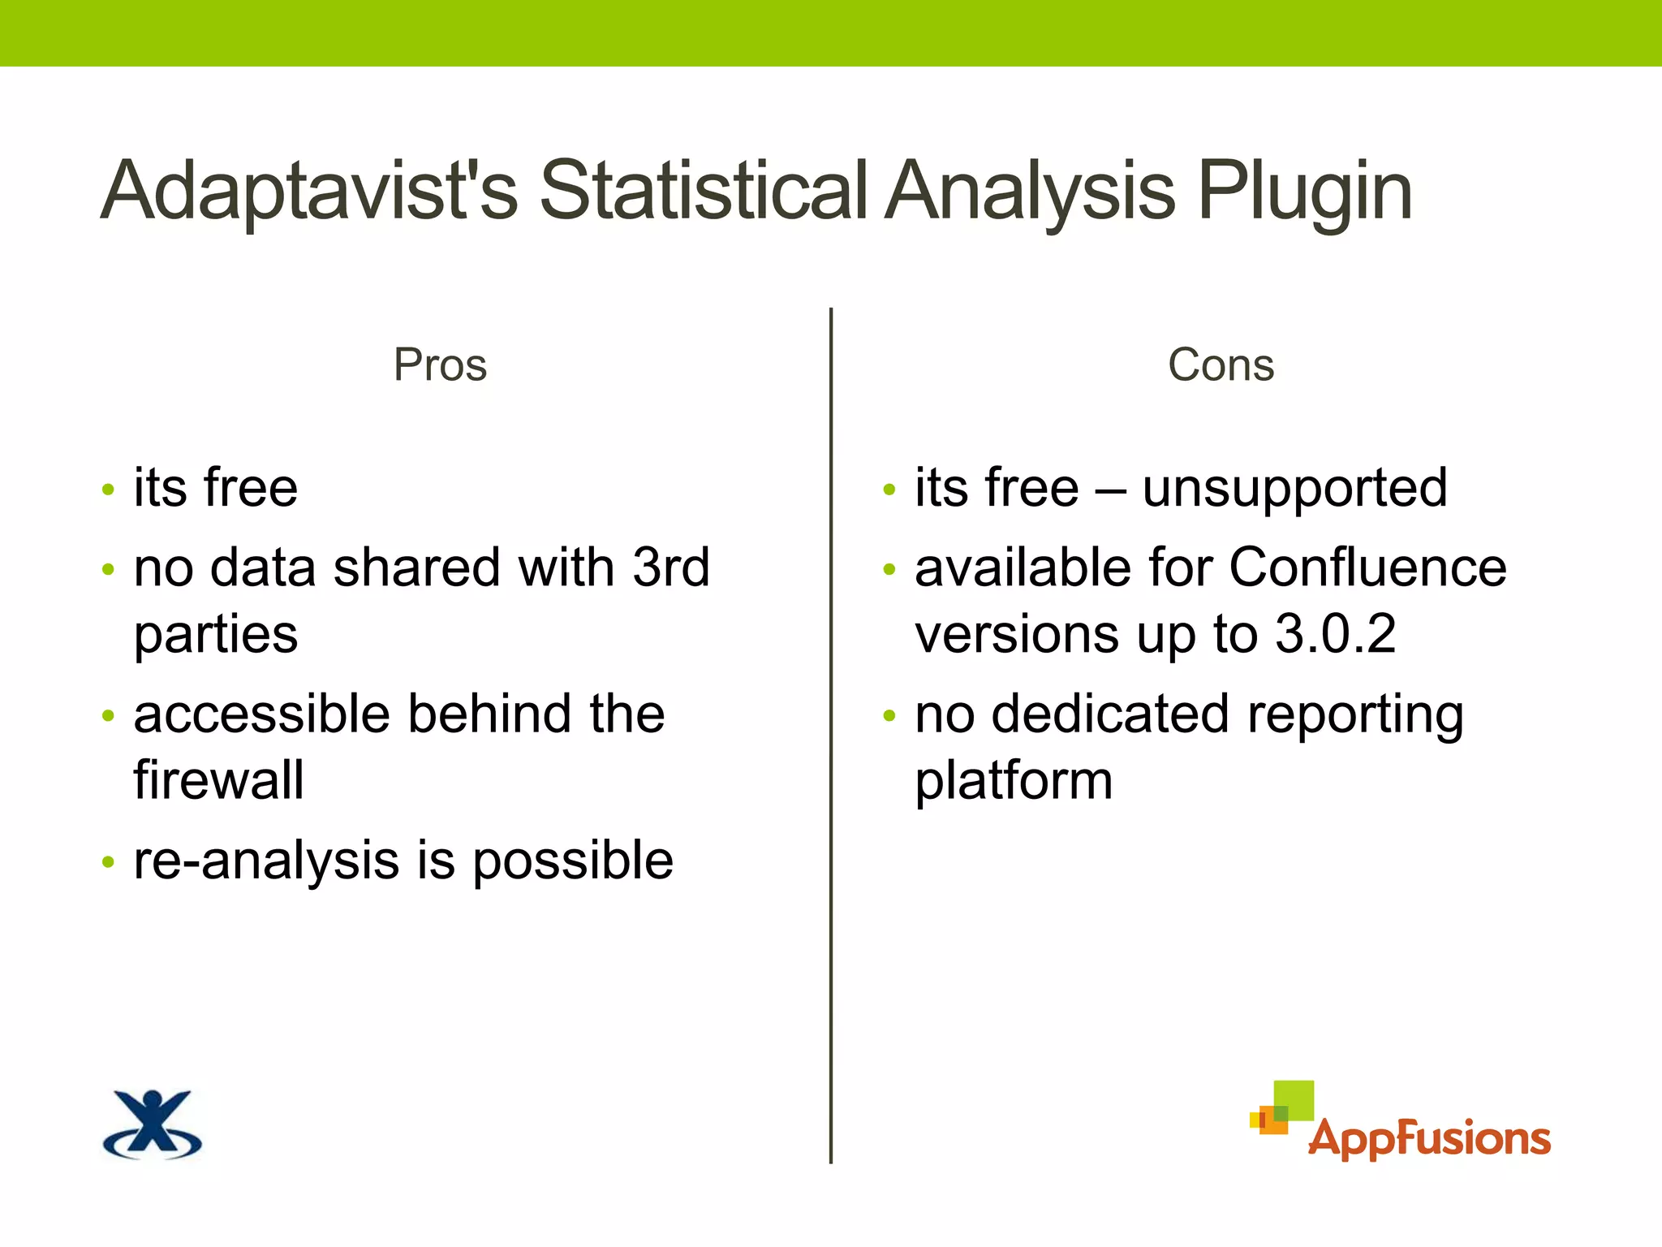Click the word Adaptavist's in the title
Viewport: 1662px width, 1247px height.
point(308,191)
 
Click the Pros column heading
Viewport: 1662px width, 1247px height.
point(440,365)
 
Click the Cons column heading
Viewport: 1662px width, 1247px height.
point(1221,365)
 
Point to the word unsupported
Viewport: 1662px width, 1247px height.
point(1294,490)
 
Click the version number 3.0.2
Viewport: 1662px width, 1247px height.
point(1335,634)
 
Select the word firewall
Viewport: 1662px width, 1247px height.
point(219,780)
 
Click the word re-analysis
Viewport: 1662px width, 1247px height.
point(266,861)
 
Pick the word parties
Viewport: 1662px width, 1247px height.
point(216,636)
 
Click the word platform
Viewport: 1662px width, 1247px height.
point(1014,782)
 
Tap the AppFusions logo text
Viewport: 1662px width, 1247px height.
point(1428,1138)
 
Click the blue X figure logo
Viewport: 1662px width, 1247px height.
point(153,1124)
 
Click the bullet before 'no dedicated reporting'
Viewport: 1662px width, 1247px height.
point(889,716)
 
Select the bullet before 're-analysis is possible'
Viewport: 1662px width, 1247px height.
point(109,862)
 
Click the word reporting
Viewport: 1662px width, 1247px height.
point(1355,716)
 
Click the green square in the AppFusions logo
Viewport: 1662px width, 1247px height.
point(1294,1100)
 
